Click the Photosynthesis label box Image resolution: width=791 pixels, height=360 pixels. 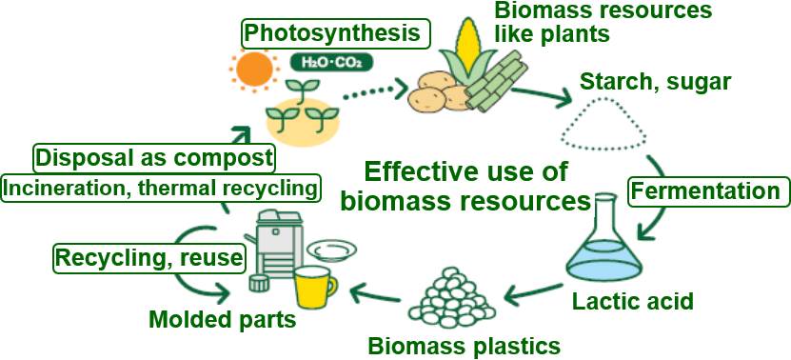click(333, 33)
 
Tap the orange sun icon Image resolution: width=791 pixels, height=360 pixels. click(255, 70)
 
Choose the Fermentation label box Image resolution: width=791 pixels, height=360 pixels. click(704, 191)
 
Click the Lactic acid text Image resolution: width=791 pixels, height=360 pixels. click(632, 303)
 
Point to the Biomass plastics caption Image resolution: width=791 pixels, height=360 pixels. click(464, 343)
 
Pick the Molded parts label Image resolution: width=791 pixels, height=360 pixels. click(222, 318)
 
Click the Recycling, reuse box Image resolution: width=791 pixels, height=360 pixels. click(148, 257)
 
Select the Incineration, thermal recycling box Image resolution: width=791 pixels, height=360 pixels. click(159, 188)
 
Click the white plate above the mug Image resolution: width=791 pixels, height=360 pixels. click(331, 250)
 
